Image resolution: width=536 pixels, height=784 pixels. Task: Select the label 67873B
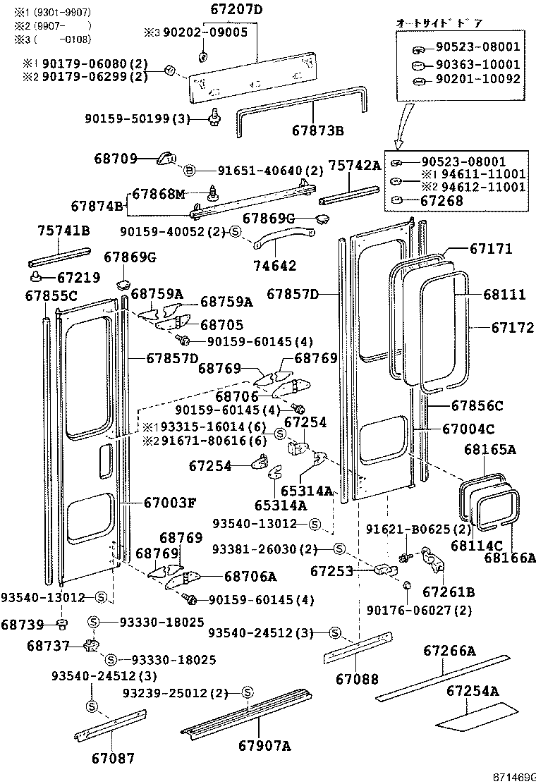(x=317, y=131)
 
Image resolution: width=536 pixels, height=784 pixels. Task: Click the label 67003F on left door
(x=169, y=503)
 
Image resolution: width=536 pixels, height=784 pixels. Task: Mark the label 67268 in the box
(x=442, y=201)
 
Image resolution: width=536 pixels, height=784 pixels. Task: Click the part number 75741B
(x=63, y=231)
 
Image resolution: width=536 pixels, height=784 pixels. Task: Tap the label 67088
(x=357, y=680)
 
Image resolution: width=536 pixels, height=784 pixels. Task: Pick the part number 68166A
(x=509, y=558)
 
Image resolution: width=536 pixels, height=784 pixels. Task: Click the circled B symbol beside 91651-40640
(x=189, y=171)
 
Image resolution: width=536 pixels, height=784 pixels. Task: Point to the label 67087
(x=112, y=758)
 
